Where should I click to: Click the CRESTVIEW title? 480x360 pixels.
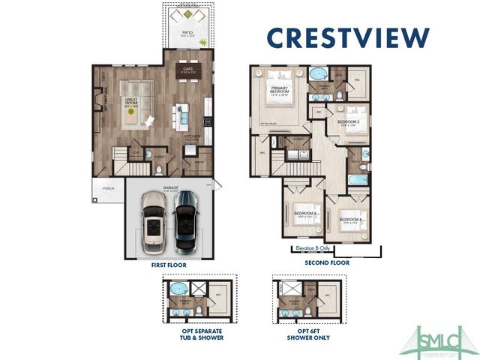click(349, 37)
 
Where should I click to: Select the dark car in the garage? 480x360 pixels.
click(185, 221)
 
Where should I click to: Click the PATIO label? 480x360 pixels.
click(187, 34)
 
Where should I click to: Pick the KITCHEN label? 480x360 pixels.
click(193, 137)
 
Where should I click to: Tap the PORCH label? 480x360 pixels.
click(108, 188)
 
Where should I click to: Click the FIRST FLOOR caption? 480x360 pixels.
click(168, 265)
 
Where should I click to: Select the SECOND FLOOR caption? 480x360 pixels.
click(326, 262)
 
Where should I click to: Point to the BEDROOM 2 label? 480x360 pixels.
click(348, 121)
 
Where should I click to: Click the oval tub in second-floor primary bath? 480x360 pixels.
click(318, 74)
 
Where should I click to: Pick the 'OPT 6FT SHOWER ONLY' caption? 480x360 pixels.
click(304, 334)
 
